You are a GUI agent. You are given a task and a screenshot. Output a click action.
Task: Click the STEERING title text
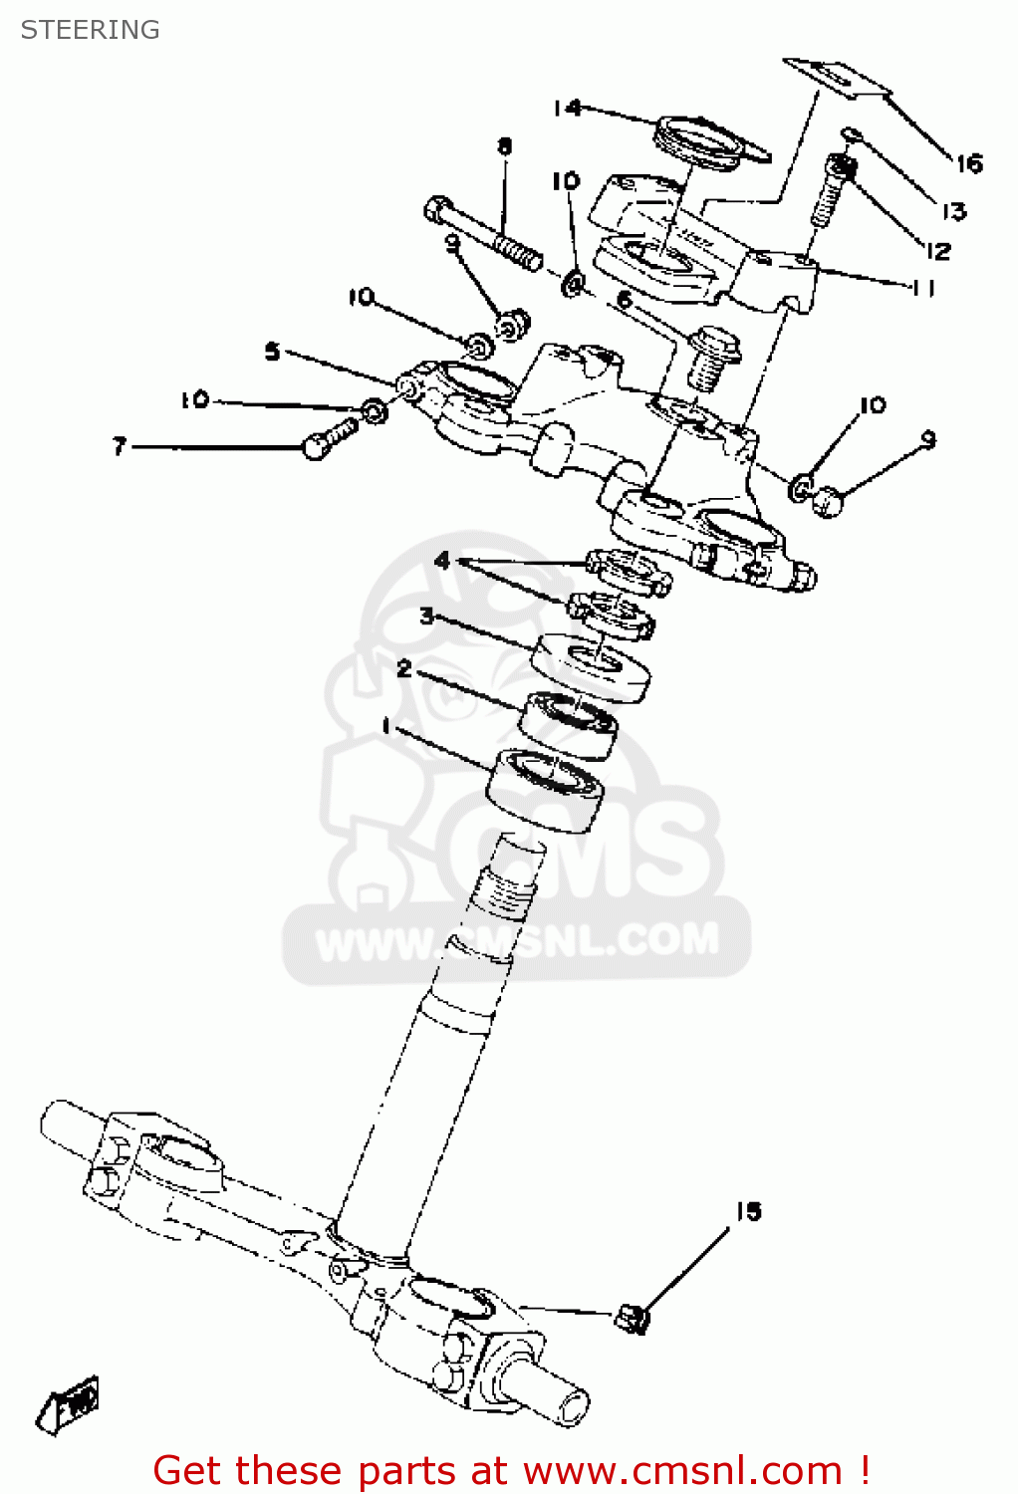[x=90, y=30]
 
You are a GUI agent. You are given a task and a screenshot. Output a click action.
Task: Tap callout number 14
[x=567, y=107]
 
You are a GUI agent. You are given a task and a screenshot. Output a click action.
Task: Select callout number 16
[x=969, y=163]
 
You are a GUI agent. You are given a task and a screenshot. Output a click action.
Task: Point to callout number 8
[x=505, y=147]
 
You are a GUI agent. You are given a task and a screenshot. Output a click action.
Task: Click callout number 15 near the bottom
[x=748, y=1211]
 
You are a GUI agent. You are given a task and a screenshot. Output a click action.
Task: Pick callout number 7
[x=120, y=446]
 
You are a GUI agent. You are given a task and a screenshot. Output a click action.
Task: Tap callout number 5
[x=272, y=352]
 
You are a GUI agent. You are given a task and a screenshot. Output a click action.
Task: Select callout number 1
[x=386, y=726]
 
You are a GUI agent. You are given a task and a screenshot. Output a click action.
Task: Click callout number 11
[x=923, y=288]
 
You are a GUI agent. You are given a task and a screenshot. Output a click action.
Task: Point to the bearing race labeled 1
[x=546, y=788]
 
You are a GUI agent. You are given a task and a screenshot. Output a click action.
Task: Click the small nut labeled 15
[x=633, y=1318]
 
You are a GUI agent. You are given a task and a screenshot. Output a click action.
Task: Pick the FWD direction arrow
[x=70, y=1404]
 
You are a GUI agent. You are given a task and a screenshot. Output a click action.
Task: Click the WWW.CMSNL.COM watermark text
[x=518, y=940]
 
